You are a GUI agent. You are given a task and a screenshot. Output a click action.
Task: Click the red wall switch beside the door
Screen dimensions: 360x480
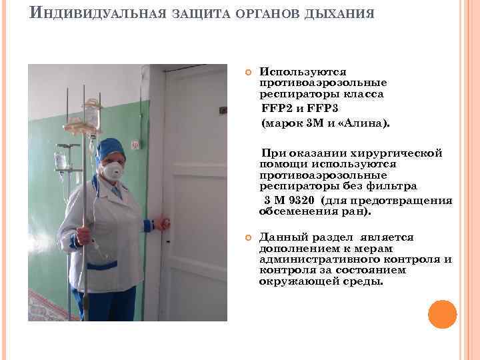click(135, 144)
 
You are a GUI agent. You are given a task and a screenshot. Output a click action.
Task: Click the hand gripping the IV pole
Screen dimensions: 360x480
click(83, 235)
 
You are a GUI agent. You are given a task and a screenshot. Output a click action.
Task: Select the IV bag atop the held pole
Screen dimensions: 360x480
click(91, 113)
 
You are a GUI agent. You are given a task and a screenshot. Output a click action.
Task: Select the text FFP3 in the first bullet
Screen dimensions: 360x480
click(323, 109)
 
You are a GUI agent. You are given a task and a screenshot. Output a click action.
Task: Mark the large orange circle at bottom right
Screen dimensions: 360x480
click(442, 314)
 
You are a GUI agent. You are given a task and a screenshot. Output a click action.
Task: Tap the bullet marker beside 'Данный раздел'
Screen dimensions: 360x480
click(247, 237)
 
